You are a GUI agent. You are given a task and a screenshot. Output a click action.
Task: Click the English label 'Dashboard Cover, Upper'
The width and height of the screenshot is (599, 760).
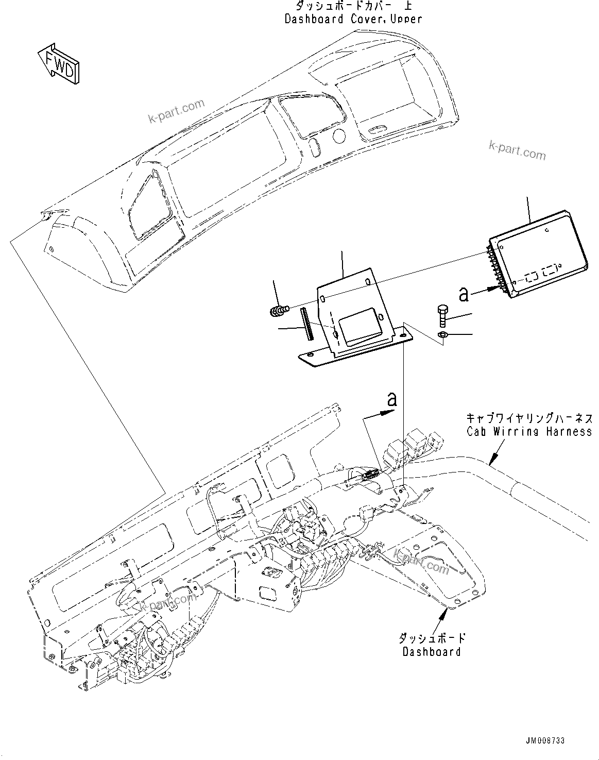353,19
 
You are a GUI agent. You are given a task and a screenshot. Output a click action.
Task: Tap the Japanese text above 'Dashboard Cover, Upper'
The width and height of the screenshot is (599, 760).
353,6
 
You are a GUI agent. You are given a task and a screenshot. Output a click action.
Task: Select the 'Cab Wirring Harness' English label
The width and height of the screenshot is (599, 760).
529,431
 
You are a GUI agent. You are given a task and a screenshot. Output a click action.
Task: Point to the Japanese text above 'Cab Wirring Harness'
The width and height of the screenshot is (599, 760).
529,418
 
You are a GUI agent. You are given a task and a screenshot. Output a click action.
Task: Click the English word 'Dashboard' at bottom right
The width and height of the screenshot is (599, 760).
432,652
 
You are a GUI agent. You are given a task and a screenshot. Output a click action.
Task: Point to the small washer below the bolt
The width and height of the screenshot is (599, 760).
442,336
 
